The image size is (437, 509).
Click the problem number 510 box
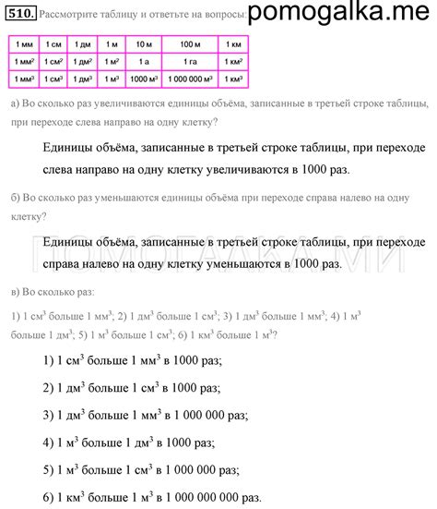coord(19,14)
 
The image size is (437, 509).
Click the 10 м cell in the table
coord(143,44)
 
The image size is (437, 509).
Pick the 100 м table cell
coord(190,44)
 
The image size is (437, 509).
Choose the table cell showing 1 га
coord(190,60)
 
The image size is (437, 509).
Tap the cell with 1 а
coord(143,60)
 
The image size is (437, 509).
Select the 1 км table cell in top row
coord(236,44)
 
